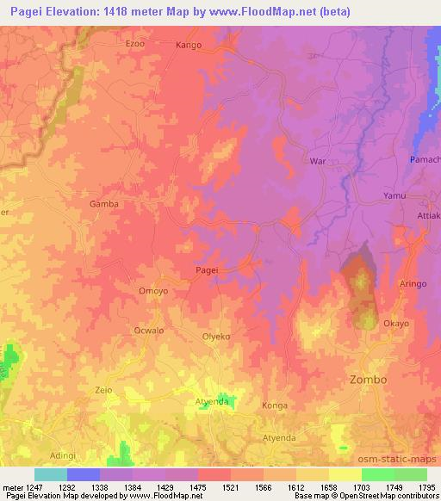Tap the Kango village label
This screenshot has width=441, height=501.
pos(189,44)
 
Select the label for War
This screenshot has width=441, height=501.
pos(317,161)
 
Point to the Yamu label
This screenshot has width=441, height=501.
pos(394,195)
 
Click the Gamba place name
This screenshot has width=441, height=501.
pos(103,204)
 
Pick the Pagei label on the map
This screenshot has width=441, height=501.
pos(206,270)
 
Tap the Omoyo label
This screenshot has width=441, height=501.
pos(140,291)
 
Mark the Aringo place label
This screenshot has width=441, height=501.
pos(414,284)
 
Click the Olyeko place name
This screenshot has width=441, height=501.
pos(215,337)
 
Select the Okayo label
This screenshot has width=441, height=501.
pos(396,324)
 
